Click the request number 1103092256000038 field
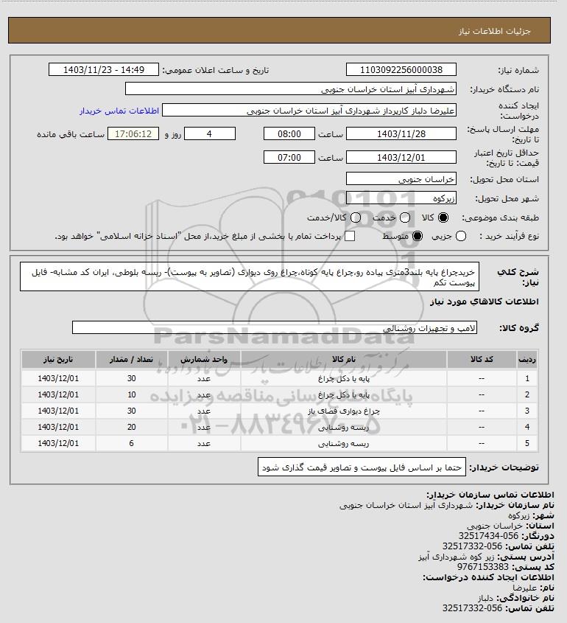pyautogui.click(x=401, y=70)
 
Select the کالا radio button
pyautogui.click(x=443, y=218)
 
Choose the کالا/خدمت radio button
pyautogui.click(x=356, y=218)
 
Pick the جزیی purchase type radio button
pyautogui.click(x=462, y=236)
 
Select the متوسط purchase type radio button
pyautogui.click(x=418, y=236)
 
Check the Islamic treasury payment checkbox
pyautogui.click(x=351, y=236)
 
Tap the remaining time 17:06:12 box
pyautogui.click(x=133, y=134)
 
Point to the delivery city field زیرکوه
pyautogui.click(x=401, y=198)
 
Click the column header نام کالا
pyautogui.click(x=345, y=359)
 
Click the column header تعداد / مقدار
pyautogui.click(x=132, y=359)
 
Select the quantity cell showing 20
pyautogui.click(x=132, y=427)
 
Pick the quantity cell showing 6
pyautogui.click(x=132, y=443)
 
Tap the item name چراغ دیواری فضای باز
pyautogui.click(x=345, y=411)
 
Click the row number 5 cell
pyautogui.click(x=527, y=443)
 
